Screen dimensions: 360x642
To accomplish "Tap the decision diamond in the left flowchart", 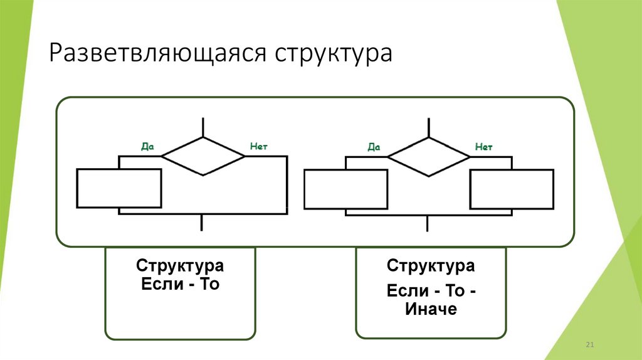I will [x=203, y=156].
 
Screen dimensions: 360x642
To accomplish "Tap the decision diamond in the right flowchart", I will [x=429, y=156].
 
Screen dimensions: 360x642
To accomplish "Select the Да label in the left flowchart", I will [x=147, y=147].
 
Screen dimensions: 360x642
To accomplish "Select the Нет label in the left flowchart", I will [x=259, y=146].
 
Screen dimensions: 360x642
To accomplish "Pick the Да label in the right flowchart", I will [x=374, y=147].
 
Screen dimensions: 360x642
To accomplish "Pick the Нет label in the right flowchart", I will [x=484, y=146].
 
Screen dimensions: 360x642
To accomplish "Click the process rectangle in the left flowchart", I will [x=119, y=188].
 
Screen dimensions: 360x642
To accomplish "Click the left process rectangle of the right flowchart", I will [x=345, y=189].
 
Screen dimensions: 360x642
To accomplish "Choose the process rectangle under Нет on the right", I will [x=512, y=189].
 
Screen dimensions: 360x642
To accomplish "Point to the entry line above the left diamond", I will [x=203, y=127].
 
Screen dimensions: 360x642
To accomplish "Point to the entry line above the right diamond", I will [x=429, y=127].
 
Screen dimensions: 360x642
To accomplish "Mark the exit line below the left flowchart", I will [x=203, y=223].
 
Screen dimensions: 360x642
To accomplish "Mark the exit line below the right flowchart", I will [x=429, y=223].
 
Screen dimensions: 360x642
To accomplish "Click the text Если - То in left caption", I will [x=180, y=284].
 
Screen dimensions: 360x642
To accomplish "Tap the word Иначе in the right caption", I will [x=431, y=309].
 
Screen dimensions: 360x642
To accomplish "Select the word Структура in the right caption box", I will [x=431, y=266].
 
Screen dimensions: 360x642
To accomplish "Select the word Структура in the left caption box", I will [x=180, y=266].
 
